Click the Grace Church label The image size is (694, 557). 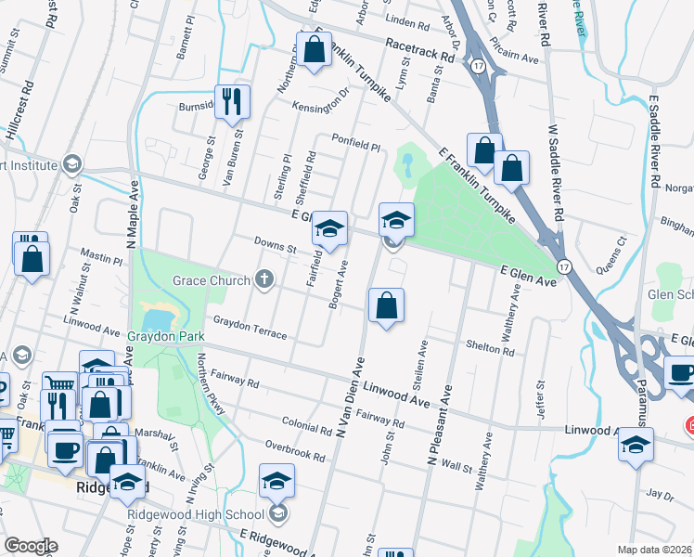point(211,279)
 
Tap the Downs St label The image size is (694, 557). point(275,248)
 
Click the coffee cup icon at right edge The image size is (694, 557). point(681,373)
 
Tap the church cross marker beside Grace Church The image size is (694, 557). point(264,279)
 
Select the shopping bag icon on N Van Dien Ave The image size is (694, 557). point(386,305)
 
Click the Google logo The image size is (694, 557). point(31,546)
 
